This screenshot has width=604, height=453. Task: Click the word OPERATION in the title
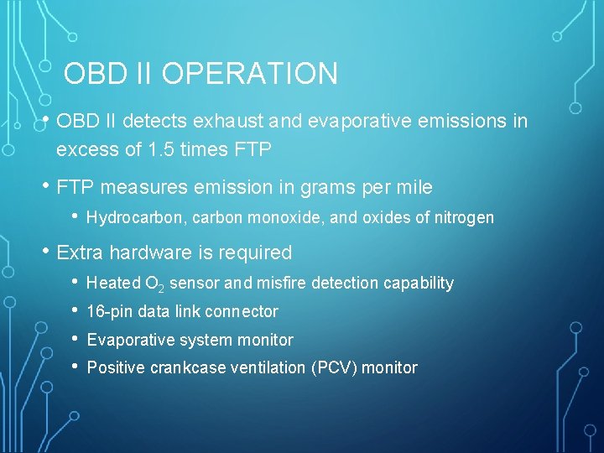(250, 74)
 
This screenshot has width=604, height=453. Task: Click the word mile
(414, 187)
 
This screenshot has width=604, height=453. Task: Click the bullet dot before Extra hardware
(46, 252)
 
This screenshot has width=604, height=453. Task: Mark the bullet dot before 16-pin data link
(75, 310)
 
